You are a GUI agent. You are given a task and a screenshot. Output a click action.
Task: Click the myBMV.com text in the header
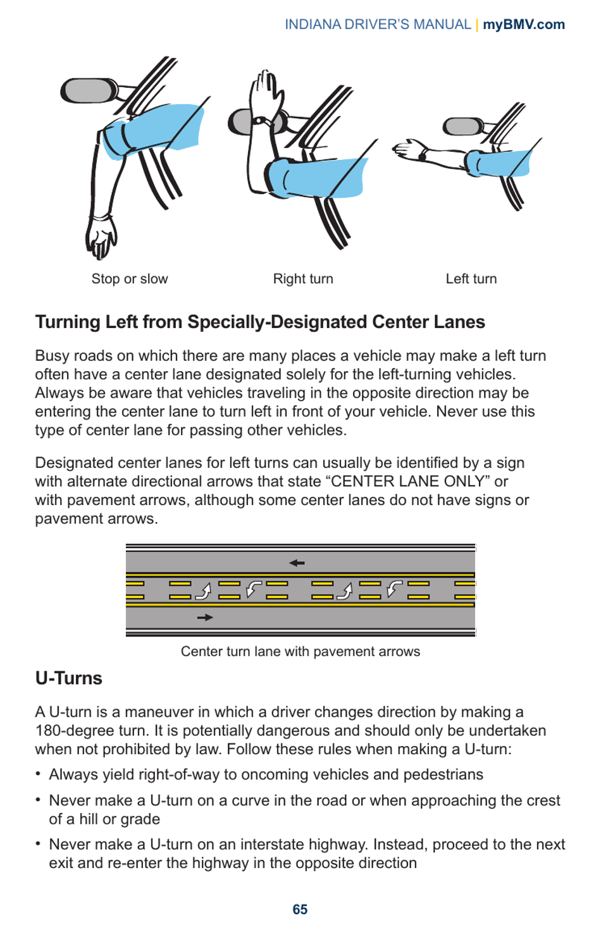523,25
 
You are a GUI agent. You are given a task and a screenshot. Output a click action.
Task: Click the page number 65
300,909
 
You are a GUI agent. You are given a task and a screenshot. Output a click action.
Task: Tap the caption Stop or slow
130,279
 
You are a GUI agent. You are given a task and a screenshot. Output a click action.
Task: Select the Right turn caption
303,279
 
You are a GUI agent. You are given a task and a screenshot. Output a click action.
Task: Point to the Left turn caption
471,279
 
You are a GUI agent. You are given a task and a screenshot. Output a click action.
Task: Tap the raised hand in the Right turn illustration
264,92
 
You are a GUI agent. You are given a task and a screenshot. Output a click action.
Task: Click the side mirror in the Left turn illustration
461,126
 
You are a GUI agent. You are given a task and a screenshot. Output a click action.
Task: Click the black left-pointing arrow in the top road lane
297,563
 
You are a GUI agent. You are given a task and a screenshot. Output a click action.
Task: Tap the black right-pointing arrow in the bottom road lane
205,617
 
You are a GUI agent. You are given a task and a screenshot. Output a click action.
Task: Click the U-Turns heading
68,678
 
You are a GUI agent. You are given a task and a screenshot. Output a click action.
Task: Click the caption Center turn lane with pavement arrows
300,652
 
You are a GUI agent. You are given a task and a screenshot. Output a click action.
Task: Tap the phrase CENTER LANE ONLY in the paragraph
408,482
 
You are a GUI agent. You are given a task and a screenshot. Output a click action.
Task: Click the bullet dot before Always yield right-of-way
39,774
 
